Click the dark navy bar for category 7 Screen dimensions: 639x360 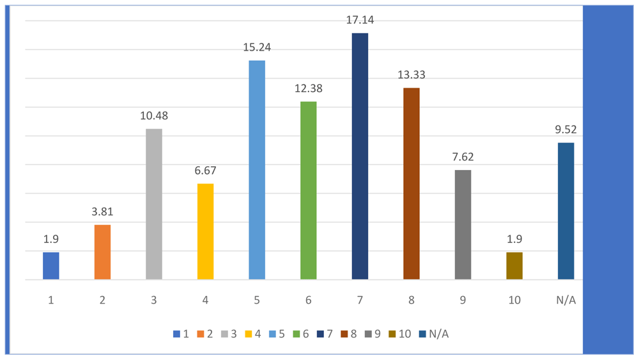coord(360,156)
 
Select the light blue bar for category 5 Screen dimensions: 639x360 coord(257,170)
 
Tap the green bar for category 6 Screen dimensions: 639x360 coord(308,191)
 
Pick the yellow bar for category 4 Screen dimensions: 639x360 coord(205,231)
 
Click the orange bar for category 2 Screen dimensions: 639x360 coord(102,252)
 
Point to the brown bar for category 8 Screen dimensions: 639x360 coord(411,184)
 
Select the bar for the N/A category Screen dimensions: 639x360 coord(566,211)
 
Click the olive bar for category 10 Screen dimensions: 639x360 coord(514,266)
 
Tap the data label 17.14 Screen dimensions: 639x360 coord(360,20)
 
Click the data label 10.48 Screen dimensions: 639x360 coord(154,116)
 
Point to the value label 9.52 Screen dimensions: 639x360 coord(566,130)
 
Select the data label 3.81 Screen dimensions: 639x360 coord(102,212)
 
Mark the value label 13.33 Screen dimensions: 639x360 coord(411,75)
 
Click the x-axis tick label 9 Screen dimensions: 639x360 coord(463,300)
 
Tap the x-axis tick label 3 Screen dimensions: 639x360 coord(154,300)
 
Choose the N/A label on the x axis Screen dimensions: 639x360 coord(566,300)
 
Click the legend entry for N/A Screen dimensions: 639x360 coord(434,334)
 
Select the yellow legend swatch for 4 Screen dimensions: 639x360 coord(248,334)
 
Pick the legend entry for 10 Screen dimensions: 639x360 coord(400,334)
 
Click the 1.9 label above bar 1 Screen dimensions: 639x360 coord(51,239)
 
